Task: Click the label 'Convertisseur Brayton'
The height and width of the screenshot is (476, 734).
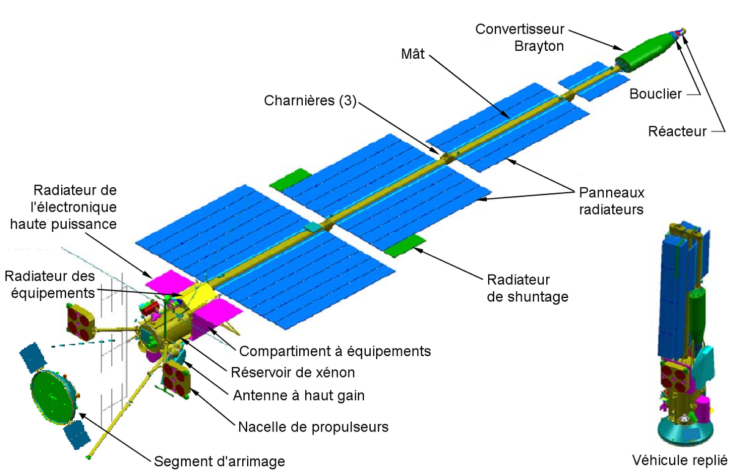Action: tap(520, 38)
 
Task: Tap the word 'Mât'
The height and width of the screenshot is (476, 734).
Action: tap(412, 54)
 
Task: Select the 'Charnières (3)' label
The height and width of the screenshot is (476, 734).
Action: tap(310, 100)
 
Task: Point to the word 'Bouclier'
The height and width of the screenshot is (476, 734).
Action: tap(655, 94)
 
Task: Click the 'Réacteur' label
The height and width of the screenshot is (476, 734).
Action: tap(677, 132)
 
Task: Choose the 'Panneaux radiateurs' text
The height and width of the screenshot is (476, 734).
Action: tap(612, 201)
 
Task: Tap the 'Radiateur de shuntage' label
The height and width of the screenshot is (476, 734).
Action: tap(527, 288)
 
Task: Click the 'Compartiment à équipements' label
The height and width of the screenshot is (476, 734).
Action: tap(335, 351)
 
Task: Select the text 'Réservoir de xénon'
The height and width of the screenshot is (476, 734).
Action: tap(292, 373)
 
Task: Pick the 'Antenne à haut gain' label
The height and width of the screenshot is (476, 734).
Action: tap(298, 396)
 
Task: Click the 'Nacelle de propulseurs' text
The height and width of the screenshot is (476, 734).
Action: tap(313, 427)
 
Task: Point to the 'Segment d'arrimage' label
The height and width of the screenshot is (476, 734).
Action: tap(219, 461)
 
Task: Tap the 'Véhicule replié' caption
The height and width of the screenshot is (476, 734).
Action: tap(680, 461)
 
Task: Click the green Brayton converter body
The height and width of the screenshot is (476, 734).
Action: tap(643, 52)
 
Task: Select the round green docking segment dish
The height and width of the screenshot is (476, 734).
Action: tap(53, 397)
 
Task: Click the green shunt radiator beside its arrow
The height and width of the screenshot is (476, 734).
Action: tap(405, 247)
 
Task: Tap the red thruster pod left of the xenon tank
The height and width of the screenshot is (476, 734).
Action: tap(80, 322)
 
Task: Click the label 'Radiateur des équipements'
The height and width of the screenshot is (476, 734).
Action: tap(50, 285)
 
